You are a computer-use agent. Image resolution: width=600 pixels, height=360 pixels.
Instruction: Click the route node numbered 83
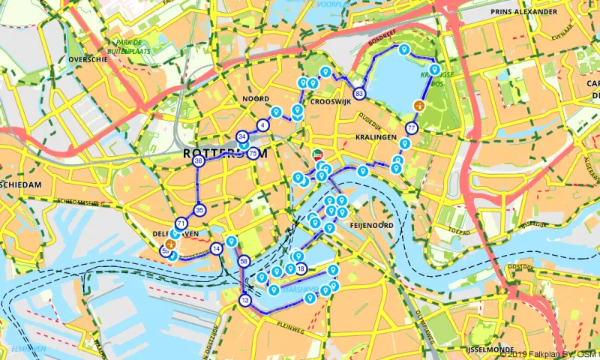360,94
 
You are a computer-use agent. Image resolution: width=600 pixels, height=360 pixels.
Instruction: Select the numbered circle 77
412,128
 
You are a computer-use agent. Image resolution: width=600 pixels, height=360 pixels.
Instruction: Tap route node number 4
262,124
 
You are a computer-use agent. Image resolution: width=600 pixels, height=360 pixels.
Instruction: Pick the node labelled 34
241,136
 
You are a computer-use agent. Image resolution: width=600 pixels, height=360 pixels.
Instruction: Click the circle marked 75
253,154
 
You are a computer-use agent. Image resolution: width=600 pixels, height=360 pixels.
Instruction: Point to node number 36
198,161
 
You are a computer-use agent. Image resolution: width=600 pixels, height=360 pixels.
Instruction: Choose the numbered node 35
199,210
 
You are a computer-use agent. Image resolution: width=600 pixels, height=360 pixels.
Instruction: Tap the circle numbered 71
181,223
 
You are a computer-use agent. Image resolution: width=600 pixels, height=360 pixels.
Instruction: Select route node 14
216,249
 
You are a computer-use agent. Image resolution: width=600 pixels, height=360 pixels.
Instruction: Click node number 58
244,261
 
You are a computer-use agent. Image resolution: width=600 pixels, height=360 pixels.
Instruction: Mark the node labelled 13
244,301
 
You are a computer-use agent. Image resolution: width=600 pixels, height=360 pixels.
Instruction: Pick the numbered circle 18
301,268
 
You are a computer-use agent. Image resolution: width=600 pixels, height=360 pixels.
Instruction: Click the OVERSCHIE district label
83,58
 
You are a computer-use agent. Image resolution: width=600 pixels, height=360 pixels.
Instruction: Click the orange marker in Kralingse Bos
418,106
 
